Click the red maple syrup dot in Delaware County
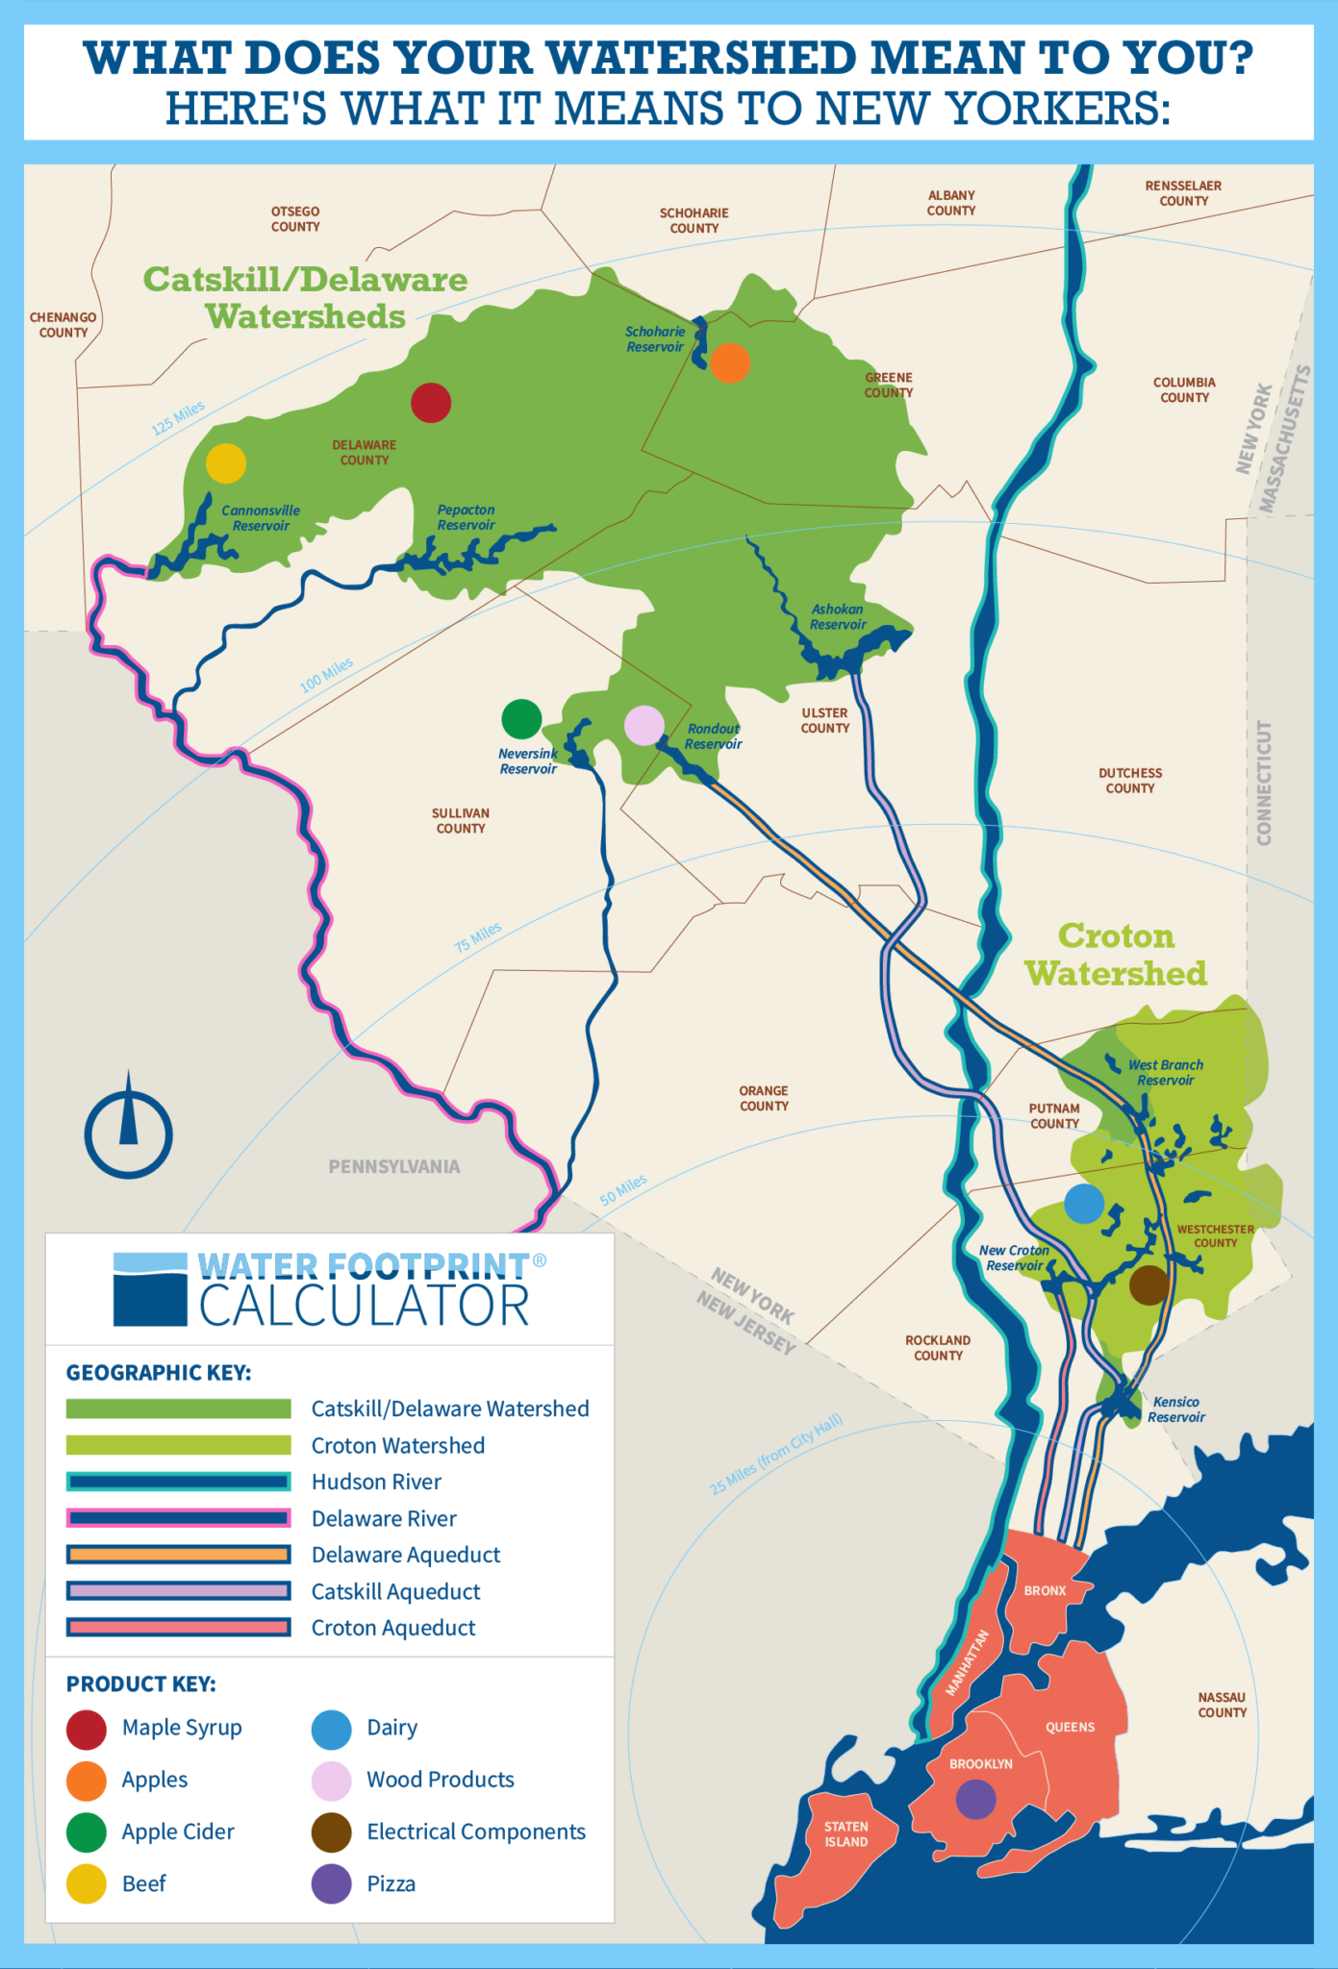431,403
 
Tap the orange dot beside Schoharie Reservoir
730,363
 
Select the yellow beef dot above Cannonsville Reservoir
226,463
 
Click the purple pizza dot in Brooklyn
976,1799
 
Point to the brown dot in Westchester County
1149,1284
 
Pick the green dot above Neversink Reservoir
521,718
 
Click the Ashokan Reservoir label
837,617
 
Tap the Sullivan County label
461,821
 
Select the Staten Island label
846,1834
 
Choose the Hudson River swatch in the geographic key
178,1482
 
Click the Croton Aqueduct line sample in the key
178,1628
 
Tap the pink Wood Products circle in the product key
331,1781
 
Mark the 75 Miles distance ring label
478,936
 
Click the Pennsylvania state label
394,1166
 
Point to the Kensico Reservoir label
1175,1409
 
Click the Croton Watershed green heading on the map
1115,955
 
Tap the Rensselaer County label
1183,193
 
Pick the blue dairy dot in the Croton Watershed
1084,1204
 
